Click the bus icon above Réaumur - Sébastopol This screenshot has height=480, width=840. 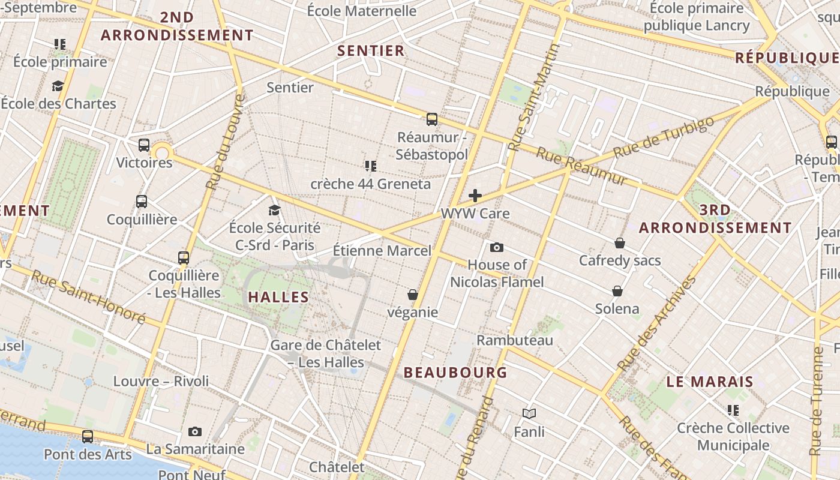click(x=432, y=119)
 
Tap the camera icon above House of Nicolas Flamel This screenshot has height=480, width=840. click(x=497, y=247)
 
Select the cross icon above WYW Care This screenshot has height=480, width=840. click(x=475, y=196)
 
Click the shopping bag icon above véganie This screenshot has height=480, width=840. click(x=413, y=295)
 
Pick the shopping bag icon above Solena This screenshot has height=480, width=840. click(x=617, y=291)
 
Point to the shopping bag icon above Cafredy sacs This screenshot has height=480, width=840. click(x=620, y=243)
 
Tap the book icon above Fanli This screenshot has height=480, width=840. click(x=529, y=413)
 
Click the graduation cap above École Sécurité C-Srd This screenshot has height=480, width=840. click(x=275, y=210)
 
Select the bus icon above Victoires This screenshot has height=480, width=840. click(x=144, y=145)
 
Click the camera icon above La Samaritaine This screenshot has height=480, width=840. click(x=195, y=431)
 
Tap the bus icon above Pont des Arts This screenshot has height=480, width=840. click(x=88, y=436)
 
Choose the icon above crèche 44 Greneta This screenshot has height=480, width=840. click(x=371, y=166)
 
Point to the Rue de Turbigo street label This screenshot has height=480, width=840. click(x=664, y=137)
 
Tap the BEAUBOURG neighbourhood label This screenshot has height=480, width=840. click(x=455, y=373)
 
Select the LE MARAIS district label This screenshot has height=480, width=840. click(x=710, y=382)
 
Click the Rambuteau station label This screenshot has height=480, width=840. click(x=515, y=340)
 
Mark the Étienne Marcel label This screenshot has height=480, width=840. click(x=382, y=251)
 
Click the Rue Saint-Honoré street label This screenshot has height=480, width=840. click(x=88, y=297)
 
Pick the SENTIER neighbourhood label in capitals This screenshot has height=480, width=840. click(x=371, y=51)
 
